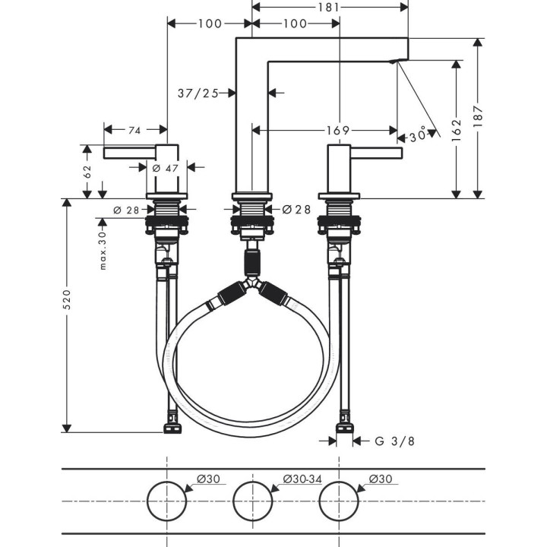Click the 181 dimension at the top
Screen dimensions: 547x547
pos(329,8)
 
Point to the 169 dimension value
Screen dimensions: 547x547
pos(340,130)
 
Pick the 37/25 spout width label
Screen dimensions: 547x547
pos(198,93)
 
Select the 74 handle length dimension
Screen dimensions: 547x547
pos(134,131)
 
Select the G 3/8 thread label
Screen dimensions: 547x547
pos(394,441)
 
